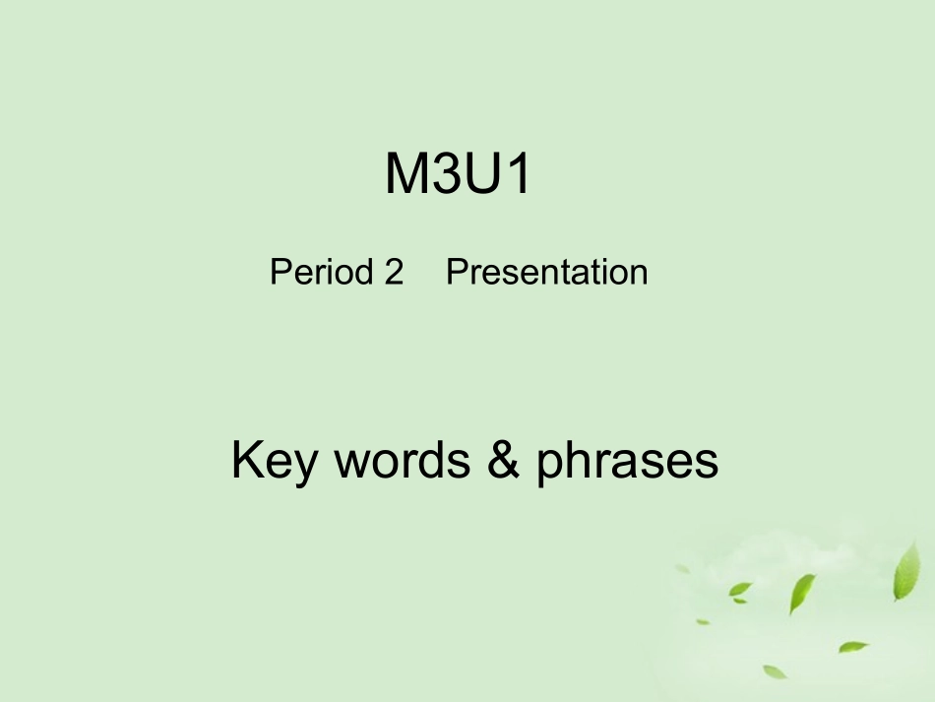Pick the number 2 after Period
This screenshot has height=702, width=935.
(394, 272)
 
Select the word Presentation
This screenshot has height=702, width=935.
(547, 272)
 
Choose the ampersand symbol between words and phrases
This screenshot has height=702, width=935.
(503, 461)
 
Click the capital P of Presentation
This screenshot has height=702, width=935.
(457, 272)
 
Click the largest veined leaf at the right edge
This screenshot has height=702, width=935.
(906, 572)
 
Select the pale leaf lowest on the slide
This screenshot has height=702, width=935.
(776, 670)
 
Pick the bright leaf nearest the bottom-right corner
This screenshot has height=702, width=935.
(853, 647)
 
